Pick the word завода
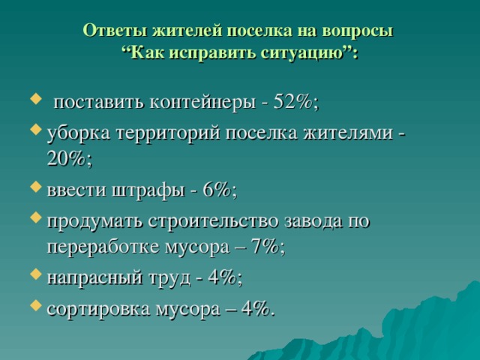316,222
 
